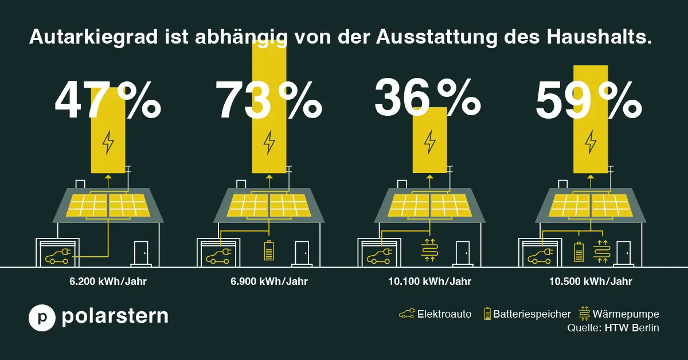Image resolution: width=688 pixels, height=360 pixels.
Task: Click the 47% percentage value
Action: (108, 101)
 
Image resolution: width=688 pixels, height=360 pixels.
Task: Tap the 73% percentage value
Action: (268, 101)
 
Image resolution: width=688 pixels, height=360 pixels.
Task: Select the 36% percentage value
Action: (428, 98)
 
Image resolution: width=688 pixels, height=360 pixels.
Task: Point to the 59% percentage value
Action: (588, 102)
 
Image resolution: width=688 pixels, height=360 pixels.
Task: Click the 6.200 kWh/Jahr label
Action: (108, 281)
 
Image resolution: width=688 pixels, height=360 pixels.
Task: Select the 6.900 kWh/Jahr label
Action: (269, 281)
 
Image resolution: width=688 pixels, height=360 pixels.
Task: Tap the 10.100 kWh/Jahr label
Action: (429, 281)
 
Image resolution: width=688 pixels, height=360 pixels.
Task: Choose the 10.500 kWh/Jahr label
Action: (591, 281)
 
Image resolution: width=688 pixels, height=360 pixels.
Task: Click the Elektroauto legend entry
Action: (436, 314)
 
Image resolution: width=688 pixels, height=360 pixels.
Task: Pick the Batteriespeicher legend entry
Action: (527, 314)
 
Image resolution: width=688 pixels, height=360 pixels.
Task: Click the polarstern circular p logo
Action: (42, 318)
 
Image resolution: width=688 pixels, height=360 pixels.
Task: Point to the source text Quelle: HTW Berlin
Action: (613, 328)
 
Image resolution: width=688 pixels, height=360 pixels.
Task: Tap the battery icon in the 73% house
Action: (269, 251)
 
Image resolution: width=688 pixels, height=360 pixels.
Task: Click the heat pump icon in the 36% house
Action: (429, 251)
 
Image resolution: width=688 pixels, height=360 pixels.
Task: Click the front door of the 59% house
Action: (623, 253)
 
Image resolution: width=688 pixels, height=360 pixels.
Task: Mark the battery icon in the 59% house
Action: (579, 251)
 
